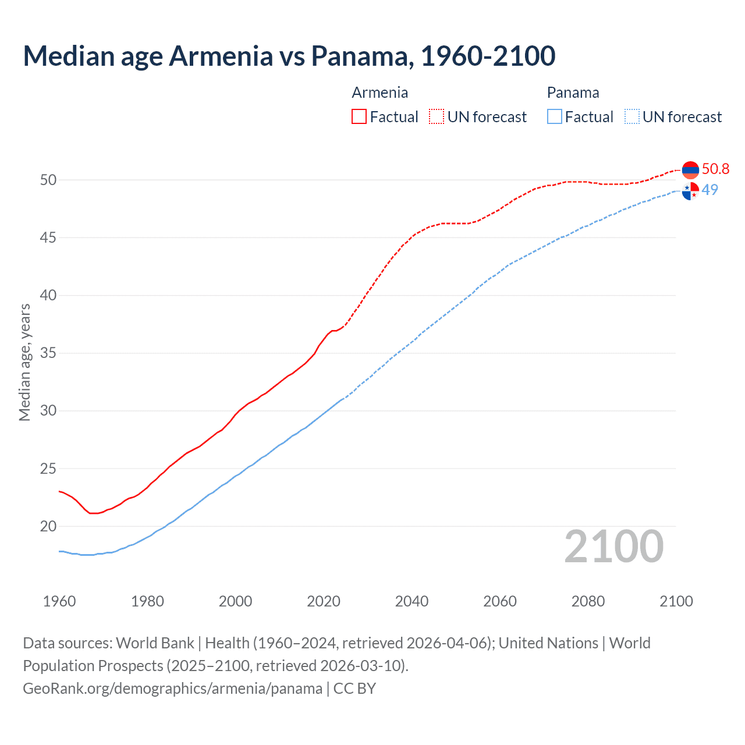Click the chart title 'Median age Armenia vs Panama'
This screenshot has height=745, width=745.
click(x=289, y=56)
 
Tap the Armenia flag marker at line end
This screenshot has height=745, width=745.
click(x=690, y=170)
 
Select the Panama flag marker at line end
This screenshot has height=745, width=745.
click(x=690, y=191)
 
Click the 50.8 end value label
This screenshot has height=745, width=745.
click(x=715, y=169)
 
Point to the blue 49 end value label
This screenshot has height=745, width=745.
click(x=709, y=190)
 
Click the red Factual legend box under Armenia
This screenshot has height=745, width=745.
click(x=359, y=116)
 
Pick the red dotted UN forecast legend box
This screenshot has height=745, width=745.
click(x=437, y=116)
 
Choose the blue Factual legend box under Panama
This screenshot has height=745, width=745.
click(x=555, y=116)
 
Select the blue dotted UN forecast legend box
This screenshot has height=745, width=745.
click(x=632, y=116)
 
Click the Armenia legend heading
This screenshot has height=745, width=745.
click(x=379, y=93)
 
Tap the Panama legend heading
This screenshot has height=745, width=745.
click(x=573, y=93)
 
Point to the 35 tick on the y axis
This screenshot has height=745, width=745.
click(x=48, y=353)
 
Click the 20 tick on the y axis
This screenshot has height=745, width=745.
click(x=48, y=526)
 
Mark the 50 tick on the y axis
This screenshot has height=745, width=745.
click(x=48, y=180)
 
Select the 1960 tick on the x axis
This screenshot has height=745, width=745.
click(x=59, y=601)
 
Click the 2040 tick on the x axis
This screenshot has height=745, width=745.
click(x=411, y=601)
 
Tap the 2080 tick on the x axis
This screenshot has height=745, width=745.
click(x=588, y=601)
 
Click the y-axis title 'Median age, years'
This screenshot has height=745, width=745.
click(x=24, y=362)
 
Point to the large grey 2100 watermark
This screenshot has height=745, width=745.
click(x=613, y=546)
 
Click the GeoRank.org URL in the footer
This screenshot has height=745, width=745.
click(x=172, y=689)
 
